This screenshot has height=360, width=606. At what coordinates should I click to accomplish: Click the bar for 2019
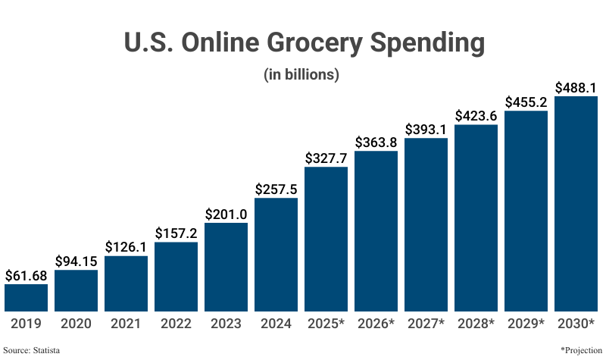[26, 297]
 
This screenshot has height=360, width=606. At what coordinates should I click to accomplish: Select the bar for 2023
[226, 266]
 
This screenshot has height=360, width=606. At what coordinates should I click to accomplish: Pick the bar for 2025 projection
[326, 239]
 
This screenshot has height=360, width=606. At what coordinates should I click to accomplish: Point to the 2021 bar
[126, 283]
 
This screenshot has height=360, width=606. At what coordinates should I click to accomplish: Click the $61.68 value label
[26, 275]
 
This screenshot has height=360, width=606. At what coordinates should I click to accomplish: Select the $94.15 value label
[76, 261]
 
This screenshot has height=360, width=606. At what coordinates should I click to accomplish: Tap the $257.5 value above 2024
[276, 189]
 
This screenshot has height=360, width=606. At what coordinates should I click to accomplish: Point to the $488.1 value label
[576, 87]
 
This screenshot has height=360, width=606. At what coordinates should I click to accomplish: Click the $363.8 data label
[376, 142]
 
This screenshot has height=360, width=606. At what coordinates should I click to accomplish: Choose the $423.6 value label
[476, 116]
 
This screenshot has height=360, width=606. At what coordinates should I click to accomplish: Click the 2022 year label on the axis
[176, 324]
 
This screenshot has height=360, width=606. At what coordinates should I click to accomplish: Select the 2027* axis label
[426, 324]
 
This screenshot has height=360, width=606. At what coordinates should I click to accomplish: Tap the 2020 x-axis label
[76, 324]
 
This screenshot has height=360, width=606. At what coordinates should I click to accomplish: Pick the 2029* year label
[526, 324]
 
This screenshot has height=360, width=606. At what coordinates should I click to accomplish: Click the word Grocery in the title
[295, 43]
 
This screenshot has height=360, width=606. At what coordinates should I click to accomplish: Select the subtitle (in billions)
[301, 75]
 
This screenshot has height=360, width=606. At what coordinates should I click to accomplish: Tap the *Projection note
[580, 350]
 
